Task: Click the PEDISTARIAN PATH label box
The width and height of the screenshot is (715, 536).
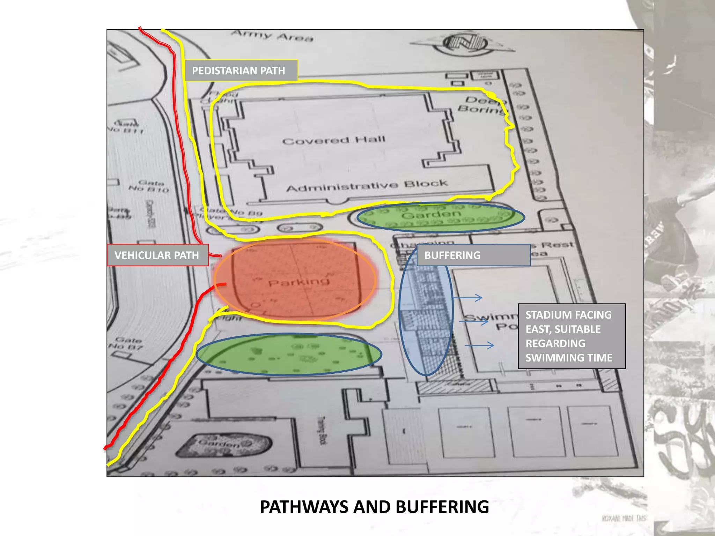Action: (241, 70)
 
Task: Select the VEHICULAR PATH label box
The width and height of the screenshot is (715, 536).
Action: (157, 255)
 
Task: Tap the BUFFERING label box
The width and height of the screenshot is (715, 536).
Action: (473, 255)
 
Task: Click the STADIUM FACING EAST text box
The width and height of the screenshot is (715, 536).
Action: (572, 336)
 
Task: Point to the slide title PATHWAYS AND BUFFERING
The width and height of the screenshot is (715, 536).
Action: (374, 507)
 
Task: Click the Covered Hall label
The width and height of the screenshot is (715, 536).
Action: (333, 140)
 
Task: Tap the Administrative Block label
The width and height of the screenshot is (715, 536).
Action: (367, 186)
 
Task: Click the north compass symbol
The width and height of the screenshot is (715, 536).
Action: (464, 44)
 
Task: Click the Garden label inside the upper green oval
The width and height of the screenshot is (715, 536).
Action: (431, 214)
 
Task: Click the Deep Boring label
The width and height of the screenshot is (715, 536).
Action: (484, 105)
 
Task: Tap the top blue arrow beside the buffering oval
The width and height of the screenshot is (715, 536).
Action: (468, 298)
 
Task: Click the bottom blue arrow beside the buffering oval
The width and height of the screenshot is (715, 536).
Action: (480, 345)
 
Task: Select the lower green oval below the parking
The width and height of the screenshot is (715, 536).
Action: (289, 354)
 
